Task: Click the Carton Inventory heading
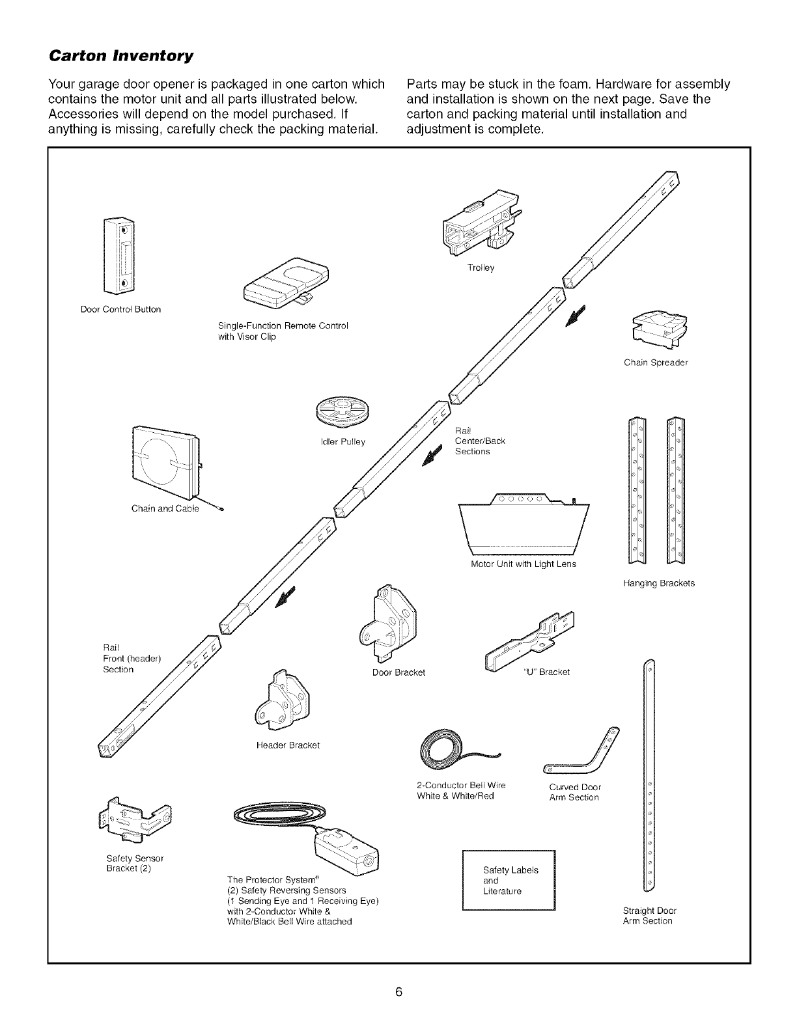[120, 56]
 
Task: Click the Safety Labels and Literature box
[508, 880]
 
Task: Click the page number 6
[399, 991]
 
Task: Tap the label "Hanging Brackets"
[659, 583]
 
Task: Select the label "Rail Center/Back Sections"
[480, 441]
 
